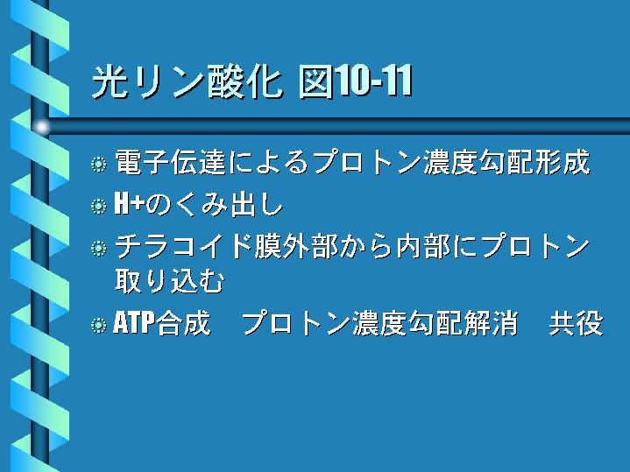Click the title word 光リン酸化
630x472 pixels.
[x=187, y=82]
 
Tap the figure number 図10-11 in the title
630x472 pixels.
[x=356, y=82]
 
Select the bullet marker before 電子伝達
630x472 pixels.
[x=99, y=165]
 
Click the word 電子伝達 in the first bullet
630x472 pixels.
[x=170, y=163]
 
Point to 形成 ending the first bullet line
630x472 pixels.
[x=563, y=163]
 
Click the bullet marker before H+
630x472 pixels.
[x=99, y=206]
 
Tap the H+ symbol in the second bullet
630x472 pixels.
[x=130, y=204]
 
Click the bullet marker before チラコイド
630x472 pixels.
[x=99, y=248]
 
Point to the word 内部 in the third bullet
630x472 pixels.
[x=423, y=246]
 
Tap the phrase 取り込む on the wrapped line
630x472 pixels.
[x=170, y=281]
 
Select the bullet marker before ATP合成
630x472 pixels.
[x=99, y=326]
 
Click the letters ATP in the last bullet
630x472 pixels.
[x=134, y=322]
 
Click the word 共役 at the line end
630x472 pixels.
[x=577, y=323]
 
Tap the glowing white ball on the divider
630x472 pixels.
[x=41, y=127]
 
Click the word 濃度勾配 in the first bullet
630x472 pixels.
[x=478, y=163]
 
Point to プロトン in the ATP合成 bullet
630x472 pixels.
[x=296, y=323]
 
